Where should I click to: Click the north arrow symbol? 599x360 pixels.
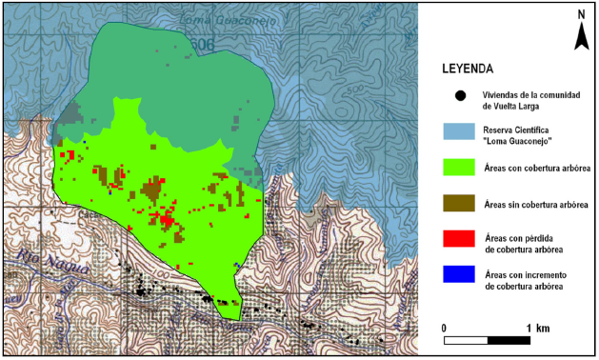point(580,36)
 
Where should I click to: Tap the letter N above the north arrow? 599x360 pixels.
point(580,14)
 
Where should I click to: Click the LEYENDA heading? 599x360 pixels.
point(467,70)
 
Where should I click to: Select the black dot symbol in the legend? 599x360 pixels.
point(461,95)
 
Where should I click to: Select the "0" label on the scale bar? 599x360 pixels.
point(445,328)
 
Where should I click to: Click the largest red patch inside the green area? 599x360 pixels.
point(168,220)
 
